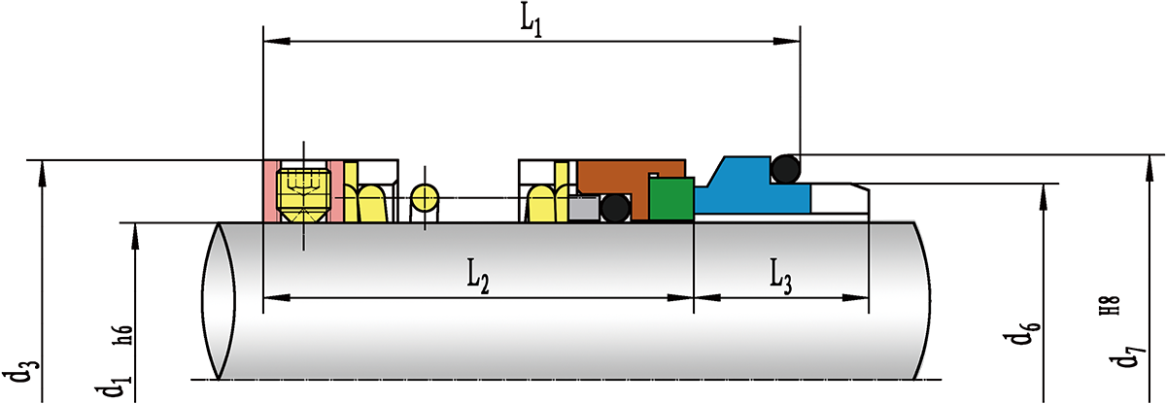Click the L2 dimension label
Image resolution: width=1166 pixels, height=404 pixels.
point(476,276)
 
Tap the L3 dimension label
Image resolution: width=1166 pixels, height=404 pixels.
point(780,276)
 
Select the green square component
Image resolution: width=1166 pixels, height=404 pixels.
point(670,199)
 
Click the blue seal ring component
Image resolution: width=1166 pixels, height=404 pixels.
point(748,194)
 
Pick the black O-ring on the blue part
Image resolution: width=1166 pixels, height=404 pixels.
point(786,170)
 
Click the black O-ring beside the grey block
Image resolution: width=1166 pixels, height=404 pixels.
point(614,208)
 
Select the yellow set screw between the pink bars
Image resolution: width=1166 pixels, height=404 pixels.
point(303,190)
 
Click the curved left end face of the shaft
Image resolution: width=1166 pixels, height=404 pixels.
point(221,301)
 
